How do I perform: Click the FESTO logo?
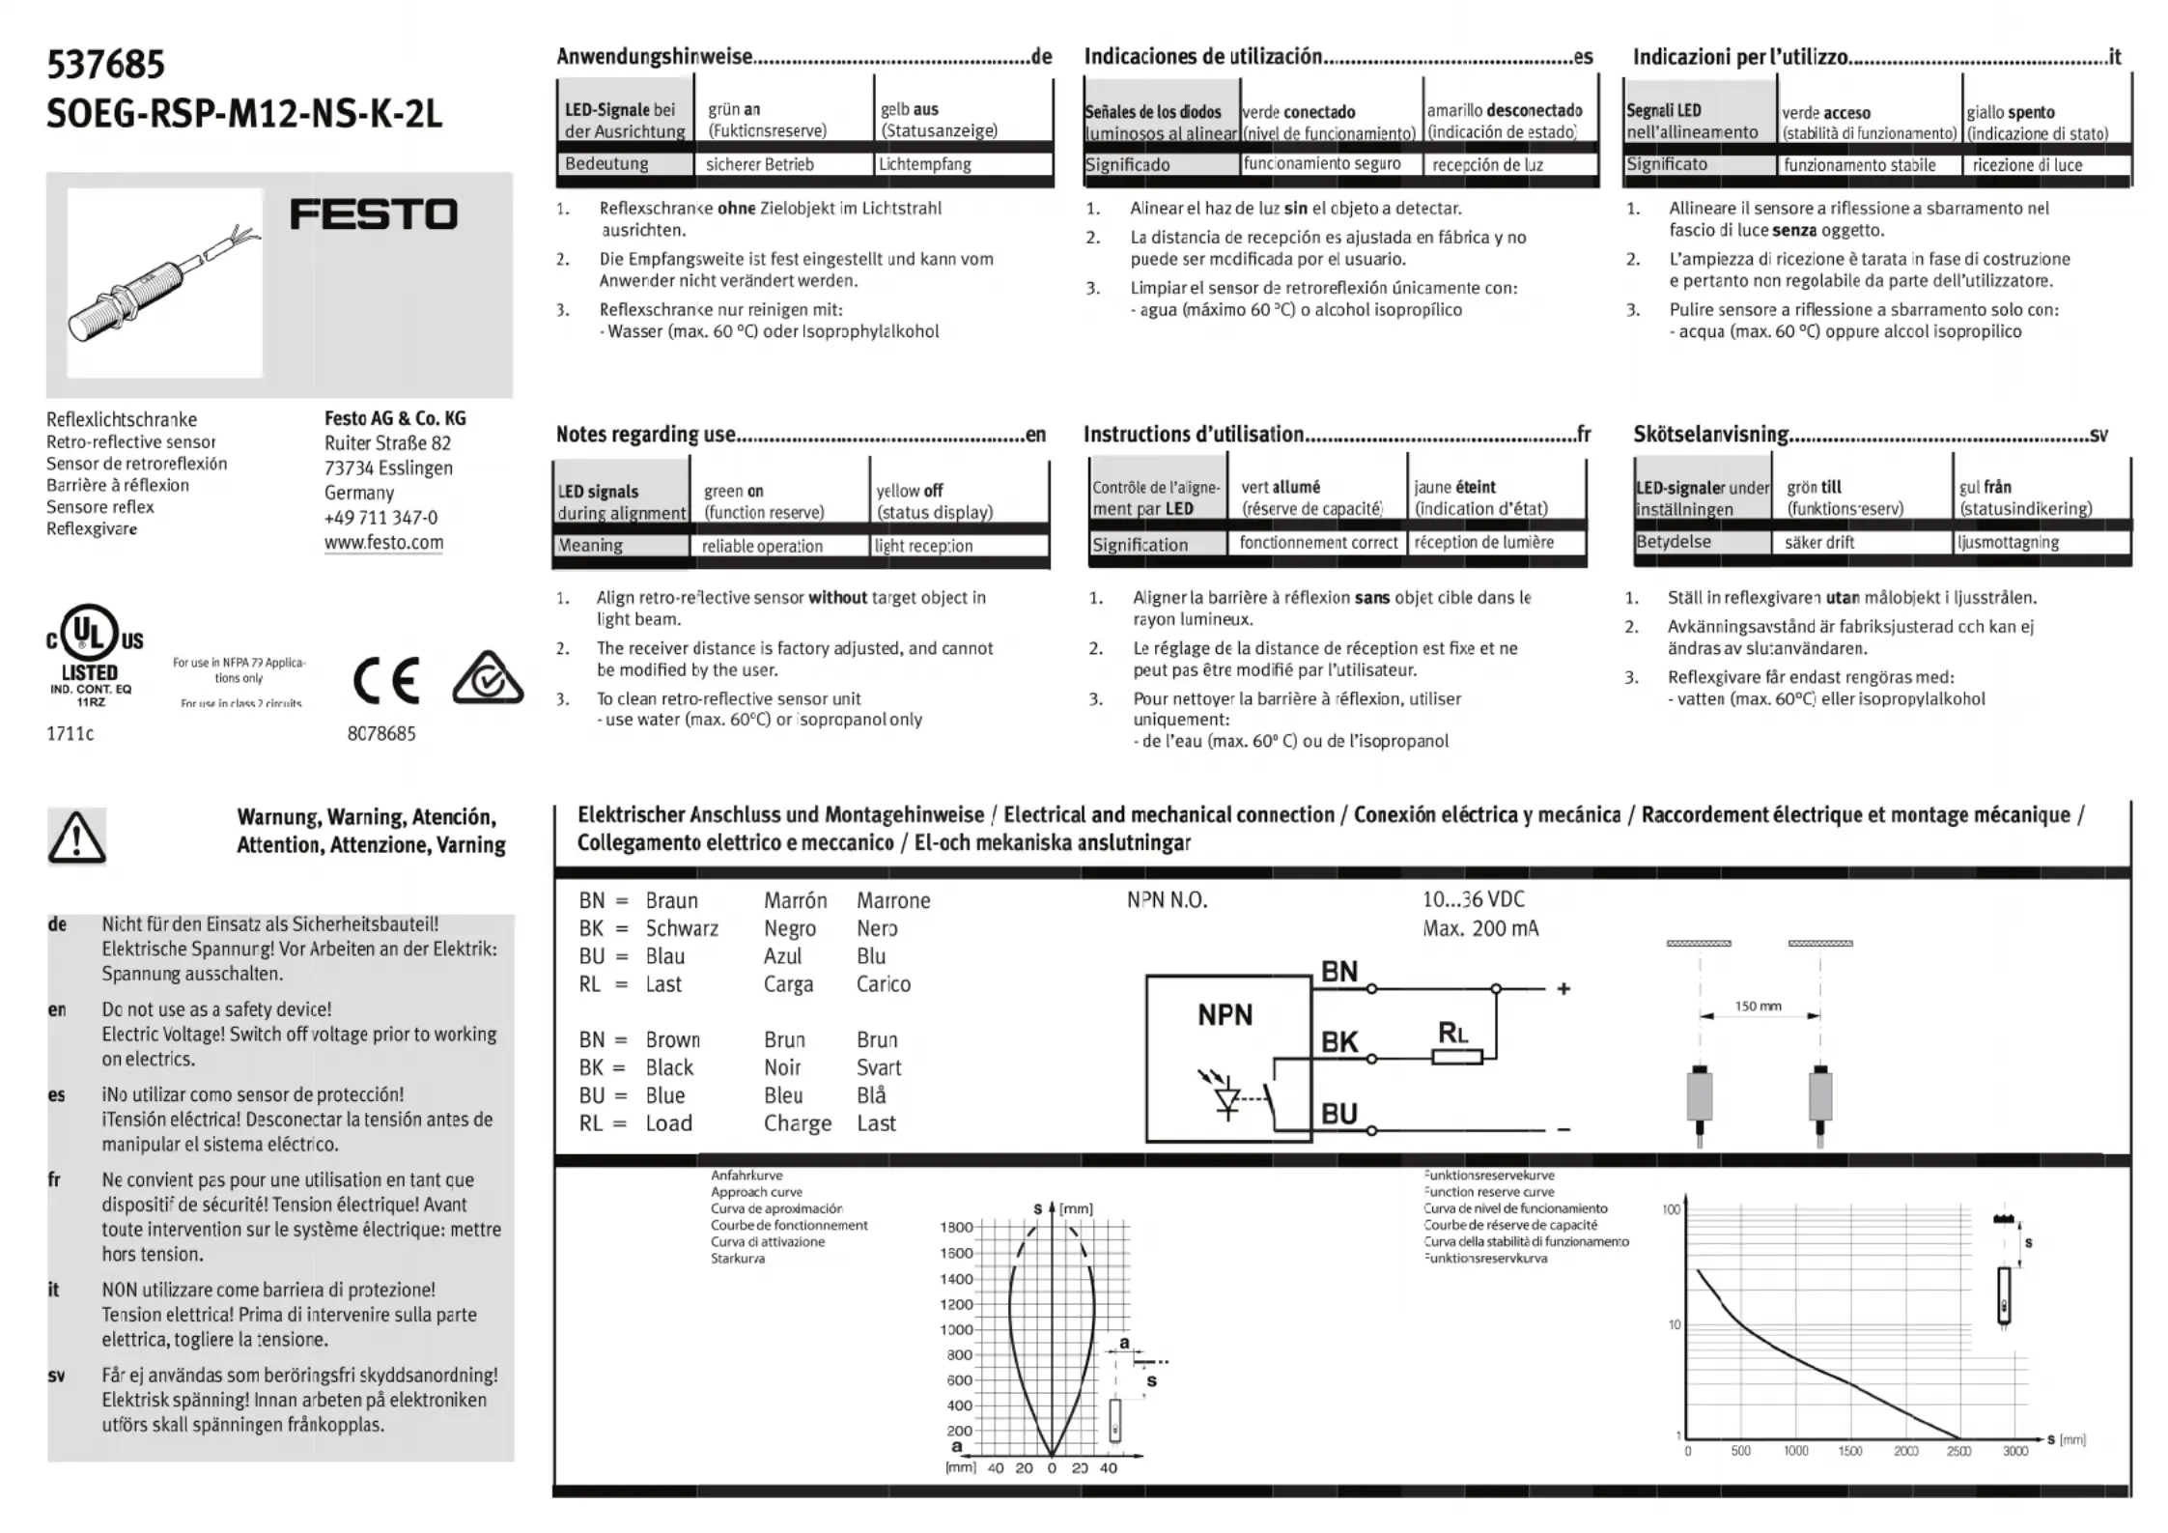pos(373,214)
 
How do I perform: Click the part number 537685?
pos(106,65)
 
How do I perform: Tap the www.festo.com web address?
pos(383,542)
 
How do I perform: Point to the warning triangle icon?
pos(76,837)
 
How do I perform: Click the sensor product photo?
pos(164,283)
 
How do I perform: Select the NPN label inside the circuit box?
pos(1225,1015)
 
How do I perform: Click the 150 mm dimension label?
pos(1758,1007)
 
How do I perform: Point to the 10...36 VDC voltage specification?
pos(1473,899)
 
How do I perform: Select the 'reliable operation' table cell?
pos(762,546)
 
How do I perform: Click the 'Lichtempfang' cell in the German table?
pos(924,164)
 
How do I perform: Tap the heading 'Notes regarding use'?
pos(645,435)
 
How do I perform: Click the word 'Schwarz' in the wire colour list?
pos(682,928)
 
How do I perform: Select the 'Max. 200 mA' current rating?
pos(1480,928)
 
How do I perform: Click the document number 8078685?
pos(381,733)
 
